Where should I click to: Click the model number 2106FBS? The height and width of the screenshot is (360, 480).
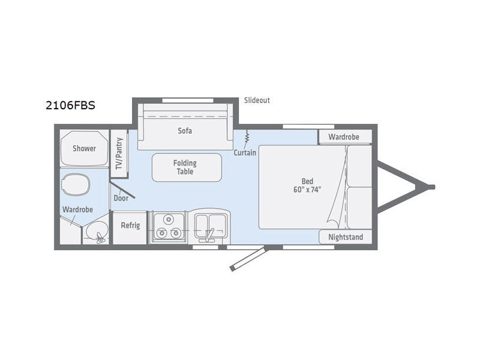(x=70, y=106)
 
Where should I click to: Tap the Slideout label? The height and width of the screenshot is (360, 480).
(x=257, y=100)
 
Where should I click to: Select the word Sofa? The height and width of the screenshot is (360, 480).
(x=185, y=131)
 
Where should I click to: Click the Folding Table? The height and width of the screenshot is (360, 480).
(x=187, y=167)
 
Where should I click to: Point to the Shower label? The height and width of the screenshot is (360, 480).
(x=84, y=148)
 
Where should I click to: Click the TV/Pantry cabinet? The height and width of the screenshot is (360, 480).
(x=119, y=154)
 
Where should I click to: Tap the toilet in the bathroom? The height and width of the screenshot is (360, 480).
(x=76, y=185)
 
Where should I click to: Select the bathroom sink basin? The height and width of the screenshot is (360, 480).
(x=96, y=232)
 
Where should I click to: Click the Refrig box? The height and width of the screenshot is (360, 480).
(x=130, y=228)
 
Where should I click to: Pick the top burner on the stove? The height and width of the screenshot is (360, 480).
(x=169, y=219)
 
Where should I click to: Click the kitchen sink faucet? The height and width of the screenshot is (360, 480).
(x=209, y=235)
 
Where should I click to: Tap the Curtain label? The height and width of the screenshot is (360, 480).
(x=245, y=152)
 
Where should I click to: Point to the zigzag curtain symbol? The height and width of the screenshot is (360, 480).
(x=247, y=137)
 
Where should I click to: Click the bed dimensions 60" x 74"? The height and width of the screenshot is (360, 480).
(x=307, y=190)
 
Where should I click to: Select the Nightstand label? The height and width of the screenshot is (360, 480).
(x=346, y=237)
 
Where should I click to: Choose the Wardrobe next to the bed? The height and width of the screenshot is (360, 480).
(x=345, y=137)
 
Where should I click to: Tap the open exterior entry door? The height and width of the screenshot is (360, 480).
(x=248, y=259)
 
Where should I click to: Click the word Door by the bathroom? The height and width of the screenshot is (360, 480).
(x=121, y=198)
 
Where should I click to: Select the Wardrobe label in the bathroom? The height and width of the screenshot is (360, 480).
(x=77, y=209)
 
